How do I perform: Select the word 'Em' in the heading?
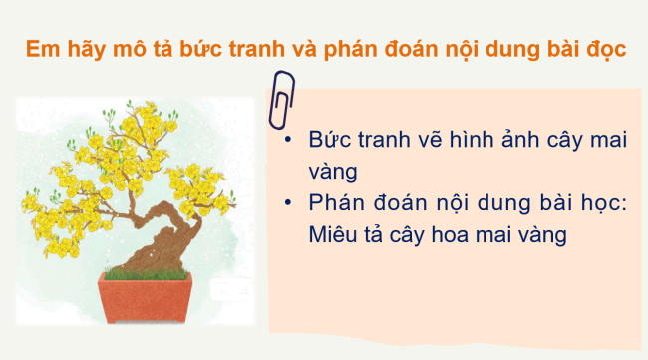click(39, 50)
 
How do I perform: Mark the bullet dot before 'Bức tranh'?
click(287, 141)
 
